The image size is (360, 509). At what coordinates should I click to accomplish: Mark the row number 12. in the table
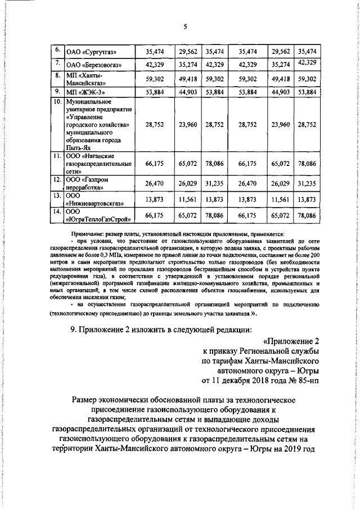[x=57, y=179]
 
